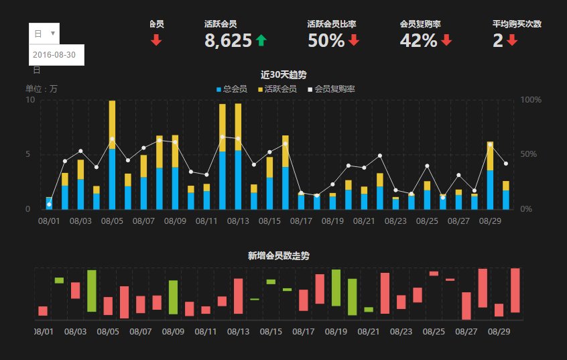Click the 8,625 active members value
tap(228, 41)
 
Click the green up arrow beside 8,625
tap(261, 41)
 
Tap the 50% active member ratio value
tap(326, 41)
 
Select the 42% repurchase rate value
tap(418, 41)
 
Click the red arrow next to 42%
tap(446, 41)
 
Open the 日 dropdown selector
tap(45, 33)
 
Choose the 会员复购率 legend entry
tap(334, 88)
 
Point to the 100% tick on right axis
tap(531, 100)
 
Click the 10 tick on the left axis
tap(29, 100)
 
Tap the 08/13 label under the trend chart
tap(238, 220)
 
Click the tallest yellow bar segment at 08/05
tap(112, 124)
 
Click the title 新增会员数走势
tap(278, 255)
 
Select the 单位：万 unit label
tap(42, 88)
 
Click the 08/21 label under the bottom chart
tap(369, 331)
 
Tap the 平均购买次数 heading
tap(517, 24)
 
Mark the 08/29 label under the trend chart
tap(491, 220)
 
